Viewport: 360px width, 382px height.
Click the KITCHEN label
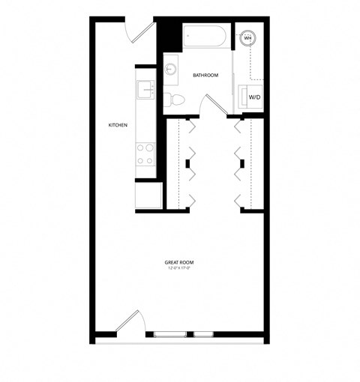(x=118, y=124)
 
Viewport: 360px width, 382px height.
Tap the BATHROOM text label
(x=205, y=76)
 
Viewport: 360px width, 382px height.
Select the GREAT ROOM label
(x=179, y=262)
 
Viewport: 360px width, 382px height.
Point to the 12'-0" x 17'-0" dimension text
(x=179, y=268)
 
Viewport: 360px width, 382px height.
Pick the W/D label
(x=255, y=97)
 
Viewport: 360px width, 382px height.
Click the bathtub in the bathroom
(x=205, y=36)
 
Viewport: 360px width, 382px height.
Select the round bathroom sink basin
(x=171, y=68)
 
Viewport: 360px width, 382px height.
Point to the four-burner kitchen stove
(x=145, y=155)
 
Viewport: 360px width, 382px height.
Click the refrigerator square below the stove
(x=148, y=195)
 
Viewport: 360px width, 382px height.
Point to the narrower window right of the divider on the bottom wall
(x=204, y=333)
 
